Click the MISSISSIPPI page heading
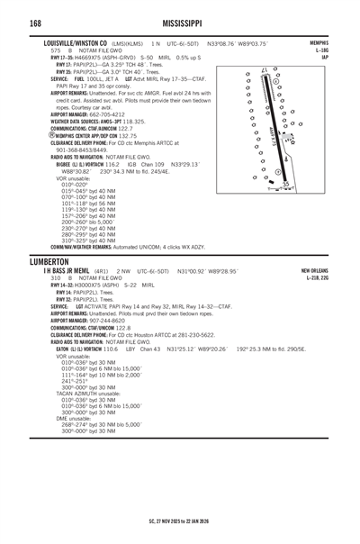coord(179,21)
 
